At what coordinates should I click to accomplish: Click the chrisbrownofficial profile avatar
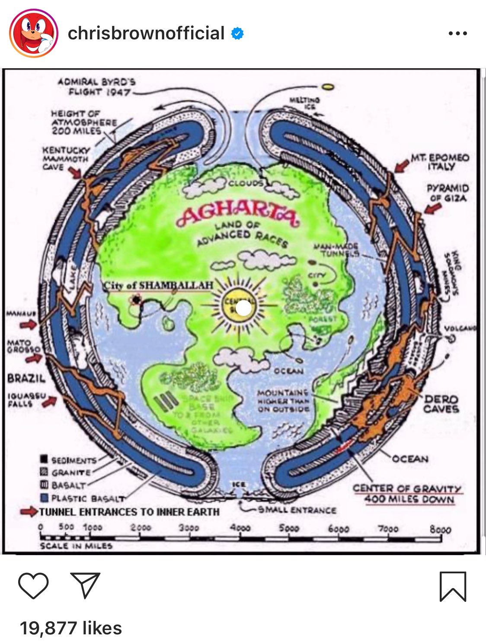[34, 33]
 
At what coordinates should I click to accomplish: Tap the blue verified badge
[237, 33]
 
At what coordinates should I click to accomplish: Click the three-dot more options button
[457, 33]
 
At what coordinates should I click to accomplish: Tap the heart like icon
[33, 585]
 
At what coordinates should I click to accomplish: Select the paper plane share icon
[85, 585]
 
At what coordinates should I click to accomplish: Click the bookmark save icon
[453, 586]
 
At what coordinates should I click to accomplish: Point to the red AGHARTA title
[237, 214]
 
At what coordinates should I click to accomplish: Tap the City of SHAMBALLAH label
[158, 285]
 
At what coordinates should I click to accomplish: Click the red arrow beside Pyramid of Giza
[432, 208]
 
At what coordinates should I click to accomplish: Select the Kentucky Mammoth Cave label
[66, 158]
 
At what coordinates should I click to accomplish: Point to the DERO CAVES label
[441, 404]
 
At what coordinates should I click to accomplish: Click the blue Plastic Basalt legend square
[44, 498]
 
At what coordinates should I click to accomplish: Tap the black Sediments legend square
[44, 459]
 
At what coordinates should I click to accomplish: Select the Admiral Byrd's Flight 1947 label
[97, 87]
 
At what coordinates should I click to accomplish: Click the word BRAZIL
[26, 378]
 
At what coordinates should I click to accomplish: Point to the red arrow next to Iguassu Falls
[49, 402]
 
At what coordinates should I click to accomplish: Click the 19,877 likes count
[71, 628]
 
